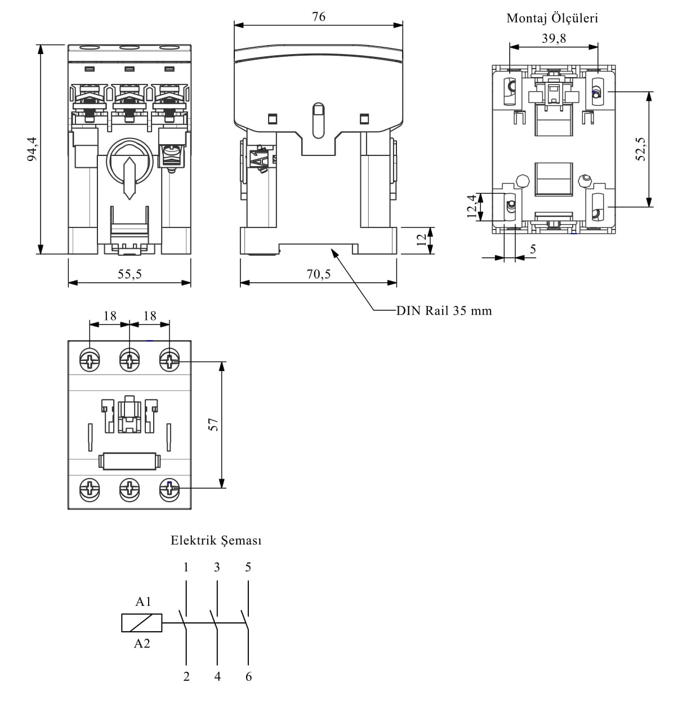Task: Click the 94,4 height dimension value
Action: [32, 149]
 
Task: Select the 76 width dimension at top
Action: [319, 17]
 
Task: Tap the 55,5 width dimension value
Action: [130, 274]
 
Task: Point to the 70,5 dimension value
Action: [319, 274]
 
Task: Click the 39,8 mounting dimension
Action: [554, 38]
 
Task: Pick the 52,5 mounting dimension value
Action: [641, 149]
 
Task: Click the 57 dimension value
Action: [213, 424]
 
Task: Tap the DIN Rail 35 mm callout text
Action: [444, 310]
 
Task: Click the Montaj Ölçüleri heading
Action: [552, 18]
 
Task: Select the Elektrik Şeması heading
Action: [216, 541]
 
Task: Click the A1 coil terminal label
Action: [143, 602]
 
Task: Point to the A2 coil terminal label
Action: [142, 644]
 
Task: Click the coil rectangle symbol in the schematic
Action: [142, 623]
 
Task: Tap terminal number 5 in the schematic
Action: [248, 567]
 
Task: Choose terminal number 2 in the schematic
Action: [186, 676]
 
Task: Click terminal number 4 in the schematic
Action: [217, 676]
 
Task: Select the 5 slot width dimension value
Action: [533, 249]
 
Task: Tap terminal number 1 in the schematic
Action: [186, 567]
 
